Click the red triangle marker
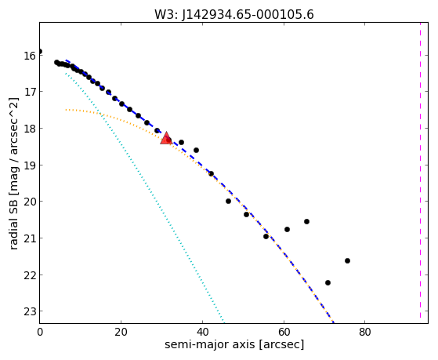[166, 138]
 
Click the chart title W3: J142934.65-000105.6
[234, 14]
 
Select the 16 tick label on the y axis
[30, 56]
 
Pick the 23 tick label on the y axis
[30, 311]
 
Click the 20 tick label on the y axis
[30, 202]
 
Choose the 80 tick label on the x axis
[365, 332]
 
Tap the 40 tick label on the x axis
[202, 332]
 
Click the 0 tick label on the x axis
[40, 332]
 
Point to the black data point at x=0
[40, 52]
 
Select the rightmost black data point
[347, 260]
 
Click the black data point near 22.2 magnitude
[328, 283]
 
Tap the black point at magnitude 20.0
[228, 201]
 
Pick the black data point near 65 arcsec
[306, 221]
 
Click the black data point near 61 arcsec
[287, 229]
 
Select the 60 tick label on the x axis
[284, 332]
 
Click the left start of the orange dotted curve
[66, 110]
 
